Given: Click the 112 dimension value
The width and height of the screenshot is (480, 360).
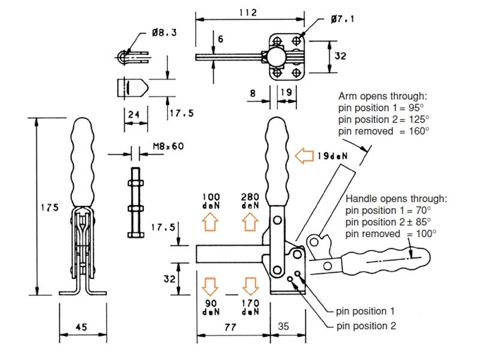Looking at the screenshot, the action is (248, 13).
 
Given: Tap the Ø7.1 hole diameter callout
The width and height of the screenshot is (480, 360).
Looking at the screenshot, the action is (342, 19).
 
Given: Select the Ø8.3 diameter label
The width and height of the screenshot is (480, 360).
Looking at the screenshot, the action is (164, 32).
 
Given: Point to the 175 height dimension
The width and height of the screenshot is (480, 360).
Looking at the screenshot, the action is (50, 208).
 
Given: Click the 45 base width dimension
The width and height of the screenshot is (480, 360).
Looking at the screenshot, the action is (82, 327).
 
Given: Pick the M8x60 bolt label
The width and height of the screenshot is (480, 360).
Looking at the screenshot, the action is (169, 146).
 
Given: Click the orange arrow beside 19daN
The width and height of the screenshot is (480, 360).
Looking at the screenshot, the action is (304, 155).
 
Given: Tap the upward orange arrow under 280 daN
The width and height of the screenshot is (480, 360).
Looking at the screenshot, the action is (250, 222).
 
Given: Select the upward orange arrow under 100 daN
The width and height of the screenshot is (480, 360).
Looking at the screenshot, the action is (211, 222).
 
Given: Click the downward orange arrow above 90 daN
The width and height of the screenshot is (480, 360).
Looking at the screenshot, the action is (211, 287).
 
